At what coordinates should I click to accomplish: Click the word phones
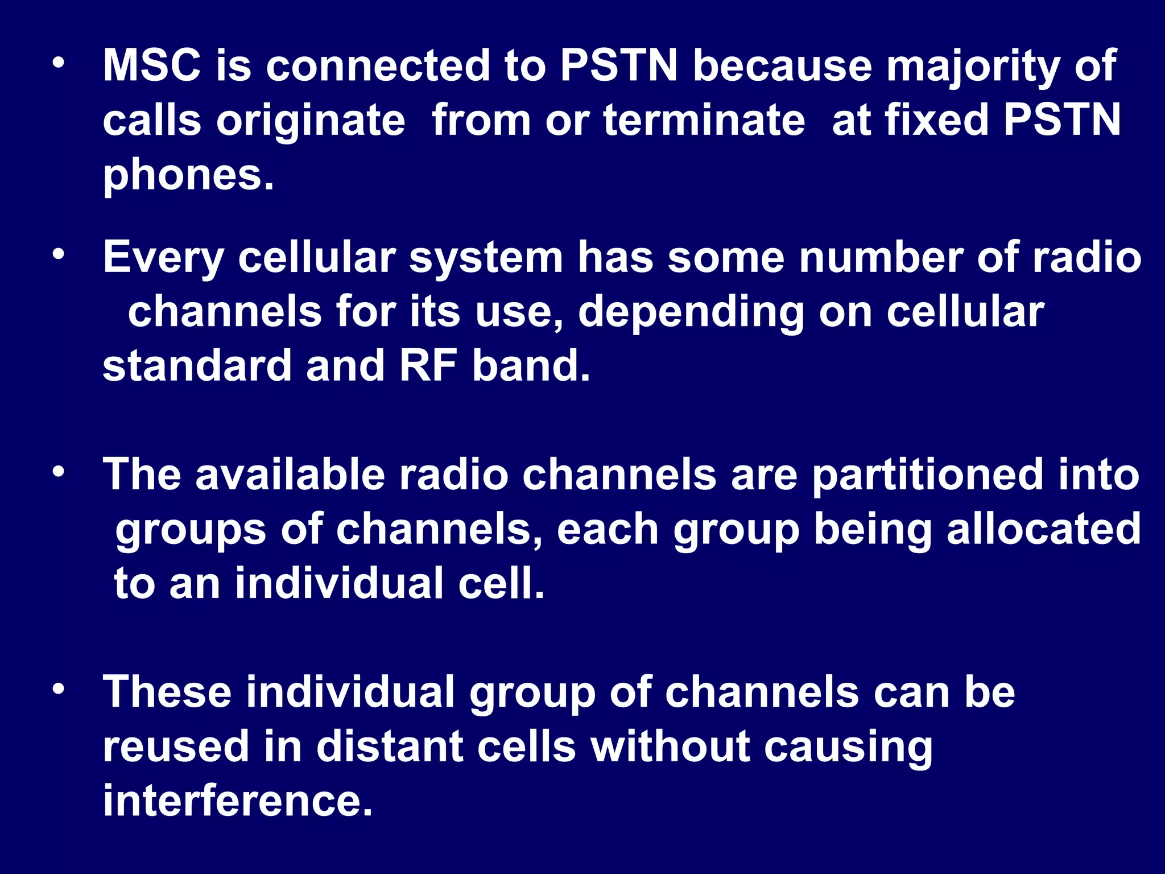pyautogui.click(x=188, y=176)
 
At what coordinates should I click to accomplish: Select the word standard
pyautogui.click(x=197, y=365)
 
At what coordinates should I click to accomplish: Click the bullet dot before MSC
pyautogui.click(x=58, y=64)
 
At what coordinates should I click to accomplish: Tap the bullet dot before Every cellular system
pyautogui.click(x=58, y=255)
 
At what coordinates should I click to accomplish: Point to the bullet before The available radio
pyautogui.click(x=58, y=472)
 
